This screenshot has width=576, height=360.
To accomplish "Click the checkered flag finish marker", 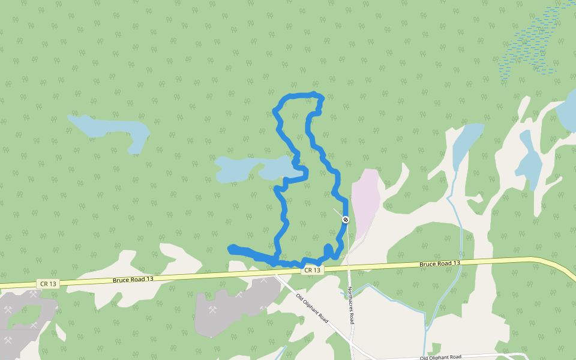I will pos(346,220).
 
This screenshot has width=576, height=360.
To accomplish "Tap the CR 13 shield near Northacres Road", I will pos(312,271).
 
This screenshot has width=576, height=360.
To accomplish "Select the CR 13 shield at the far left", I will pos(49,283).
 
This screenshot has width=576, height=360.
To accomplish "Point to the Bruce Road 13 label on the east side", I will pos(440,264).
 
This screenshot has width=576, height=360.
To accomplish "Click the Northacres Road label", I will pos(351,305).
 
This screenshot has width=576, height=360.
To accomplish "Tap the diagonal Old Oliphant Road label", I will pos(312,307).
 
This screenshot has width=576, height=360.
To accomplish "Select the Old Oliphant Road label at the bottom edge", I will pos(440,357).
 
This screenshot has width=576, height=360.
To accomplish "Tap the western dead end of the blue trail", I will pos(231,248).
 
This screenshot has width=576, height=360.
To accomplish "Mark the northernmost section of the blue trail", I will pos(300,95).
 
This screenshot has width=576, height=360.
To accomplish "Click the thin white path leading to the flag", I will pos(339,214).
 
